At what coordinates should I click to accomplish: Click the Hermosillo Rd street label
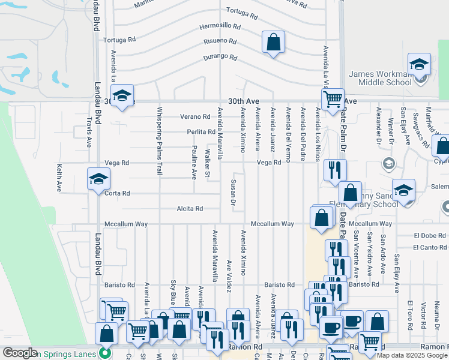(220, 27)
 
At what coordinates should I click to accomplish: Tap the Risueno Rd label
(220, 41)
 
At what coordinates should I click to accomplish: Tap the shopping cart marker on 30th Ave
(332, 99)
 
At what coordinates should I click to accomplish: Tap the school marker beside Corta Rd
(99, 179)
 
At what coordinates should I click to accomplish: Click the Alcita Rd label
(190, 209)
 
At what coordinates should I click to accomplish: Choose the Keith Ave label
(59, 178)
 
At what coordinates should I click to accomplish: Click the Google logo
(20, 353)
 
